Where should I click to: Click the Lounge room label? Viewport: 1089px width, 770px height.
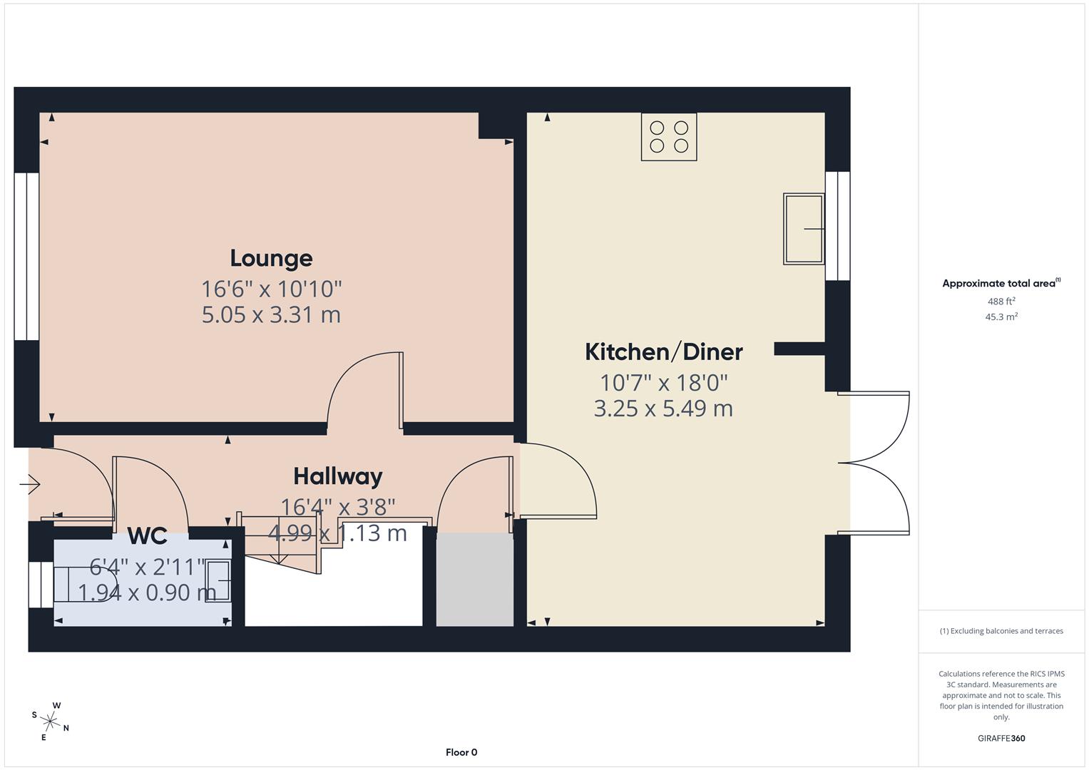tap(271, 258)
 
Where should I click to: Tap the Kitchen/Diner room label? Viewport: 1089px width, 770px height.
tap(663, 351)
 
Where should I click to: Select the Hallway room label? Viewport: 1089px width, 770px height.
tap(337, 476)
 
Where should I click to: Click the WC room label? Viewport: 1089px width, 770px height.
tap(148, 535)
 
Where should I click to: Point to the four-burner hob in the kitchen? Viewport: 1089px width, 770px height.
tap(669, 137)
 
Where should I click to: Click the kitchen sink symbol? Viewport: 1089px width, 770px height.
tap(804, 229)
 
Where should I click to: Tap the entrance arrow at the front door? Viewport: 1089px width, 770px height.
tap(30, 486)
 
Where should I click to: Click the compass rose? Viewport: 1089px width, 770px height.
tap(51, 721)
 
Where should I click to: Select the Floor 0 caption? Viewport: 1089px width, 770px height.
tap(461, 752)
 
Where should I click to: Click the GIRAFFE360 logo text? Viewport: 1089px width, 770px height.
tap(1001, 738)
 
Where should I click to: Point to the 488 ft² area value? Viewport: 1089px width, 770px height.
tap(1001, 302)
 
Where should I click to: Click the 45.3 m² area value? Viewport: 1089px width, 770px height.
tap(1001, 317)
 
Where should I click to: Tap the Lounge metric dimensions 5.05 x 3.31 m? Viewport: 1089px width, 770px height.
tap(271, 314)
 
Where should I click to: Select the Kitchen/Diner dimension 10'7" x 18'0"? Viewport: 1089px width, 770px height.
tap(663, 383)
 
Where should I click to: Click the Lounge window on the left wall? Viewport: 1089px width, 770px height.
tap(27, 257)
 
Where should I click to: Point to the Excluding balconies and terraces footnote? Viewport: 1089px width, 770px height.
tap(1001, 631)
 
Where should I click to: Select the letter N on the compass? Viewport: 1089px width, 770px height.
tap(66, 728)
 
